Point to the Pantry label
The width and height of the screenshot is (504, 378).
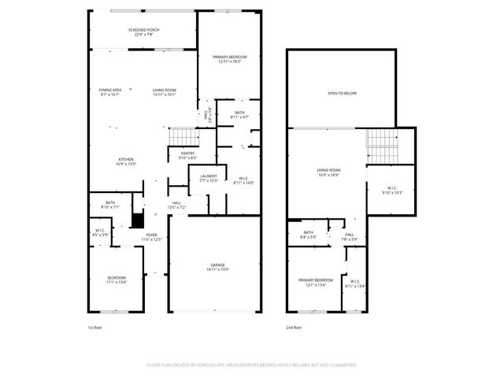click(187, 155)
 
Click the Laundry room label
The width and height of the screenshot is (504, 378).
click(209, 178)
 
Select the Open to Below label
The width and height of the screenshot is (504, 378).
click(342, 94)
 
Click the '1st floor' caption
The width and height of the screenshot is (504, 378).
click(95, 327)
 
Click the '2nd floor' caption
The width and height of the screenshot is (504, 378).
click(295, 327)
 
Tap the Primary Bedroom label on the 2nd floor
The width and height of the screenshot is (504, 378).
click(315, 282)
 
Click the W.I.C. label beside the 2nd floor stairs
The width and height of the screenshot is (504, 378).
click(392, 190)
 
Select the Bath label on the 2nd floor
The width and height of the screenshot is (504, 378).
click(308, 234)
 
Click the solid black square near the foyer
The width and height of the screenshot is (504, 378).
click(138, 220)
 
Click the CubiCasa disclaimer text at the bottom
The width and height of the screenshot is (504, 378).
click(251, 365)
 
